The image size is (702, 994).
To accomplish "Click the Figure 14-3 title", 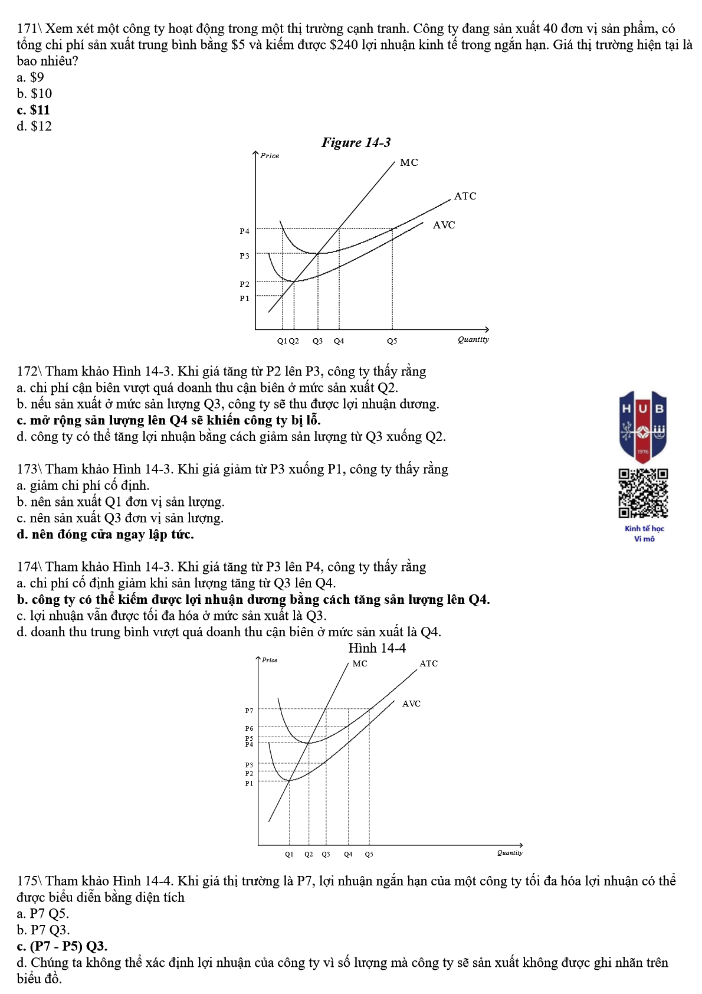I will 356,142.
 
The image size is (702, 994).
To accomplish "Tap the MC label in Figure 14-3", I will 408,162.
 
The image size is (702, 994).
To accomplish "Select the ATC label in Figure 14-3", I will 465,196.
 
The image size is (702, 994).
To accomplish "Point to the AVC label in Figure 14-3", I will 444,225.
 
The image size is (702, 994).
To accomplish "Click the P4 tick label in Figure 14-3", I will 244,231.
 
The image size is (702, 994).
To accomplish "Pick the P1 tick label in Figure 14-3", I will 244,299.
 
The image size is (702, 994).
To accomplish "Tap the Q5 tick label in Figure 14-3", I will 392,341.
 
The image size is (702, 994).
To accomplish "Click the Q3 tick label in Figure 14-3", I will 317,341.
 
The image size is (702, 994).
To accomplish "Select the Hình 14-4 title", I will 377,648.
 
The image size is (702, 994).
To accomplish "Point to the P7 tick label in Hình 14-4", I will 249,711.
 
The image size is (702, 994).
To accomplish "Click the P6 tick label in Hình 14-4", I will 249,728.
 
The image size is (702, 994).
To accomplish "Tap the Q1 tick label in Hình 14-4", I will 289,854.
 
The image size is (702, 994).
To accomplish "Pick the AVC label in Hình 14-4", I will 411,704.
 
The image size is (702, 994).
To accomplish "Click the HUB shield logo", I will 643,426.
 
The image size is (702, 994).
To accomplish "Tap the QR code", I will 643,493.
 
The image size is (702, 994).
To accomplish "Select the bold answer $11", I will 34,110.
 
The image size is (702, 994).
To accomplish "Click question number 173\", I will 29,469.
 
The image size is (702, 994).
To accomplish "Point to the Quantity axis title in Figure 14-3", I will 473,339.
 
